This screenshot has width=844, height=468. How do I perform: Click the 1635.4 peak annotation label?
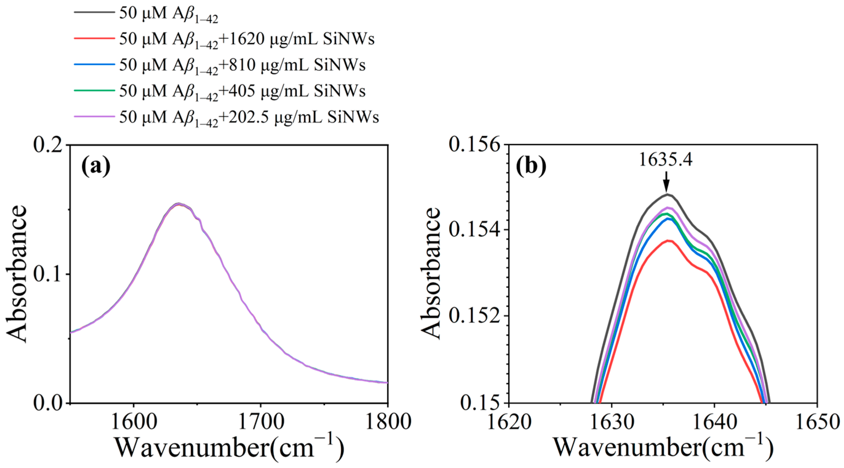[x=666, y=161]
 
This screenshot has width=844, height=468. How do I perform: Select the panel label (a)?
[x=96, y=167]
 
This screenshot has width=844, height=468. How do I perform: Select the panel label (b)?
[x=531, y=167]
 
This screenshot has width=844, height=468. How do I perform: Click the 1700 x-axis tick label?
[x=261, y=423]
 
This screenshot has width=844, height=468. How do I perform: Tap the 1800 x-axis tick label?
[x=388, y=423]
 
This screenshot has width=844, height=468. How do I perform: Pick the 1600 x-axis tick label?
[x=134, y=423]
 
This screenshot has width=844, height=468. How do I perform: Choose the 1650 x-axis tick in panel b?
[x=817, y=423]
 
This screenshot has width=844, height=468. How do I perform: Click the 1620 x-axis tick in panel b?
[x=509, y=423]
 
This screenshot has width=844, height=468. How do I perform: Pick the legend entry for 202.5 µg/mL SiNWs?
[x=249, y=118]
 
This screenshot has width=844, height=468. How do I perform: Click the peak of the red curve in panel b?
[x=667, y=241]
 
